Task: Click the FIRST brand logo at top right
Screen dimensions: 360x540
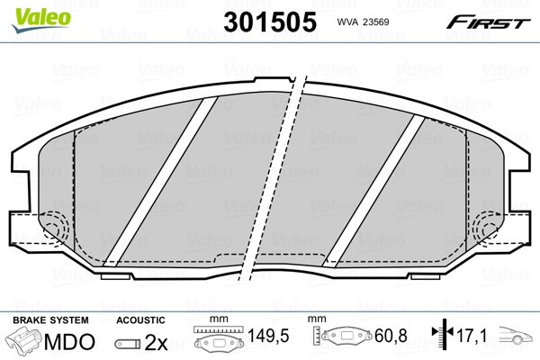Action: point(491,22)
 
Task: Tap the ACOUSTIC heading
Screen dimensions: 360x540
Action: point(140,319)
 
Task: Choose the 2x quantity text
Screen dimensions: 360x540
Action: point(157,342)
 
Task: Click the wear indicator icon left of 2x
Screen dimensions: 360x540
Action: point(127,343)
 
